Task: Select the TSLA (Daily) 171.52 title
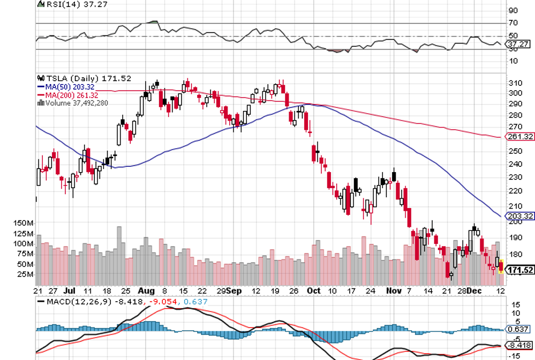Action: [x=82, y=78]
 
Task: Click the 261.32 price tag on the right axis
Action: [x=520, y=137]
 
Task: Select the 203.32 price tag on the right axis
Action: [x=520, y=215]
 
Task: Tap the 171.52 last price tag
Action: [x=520, y=270]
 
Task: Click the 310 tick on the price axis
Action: [x=516, y=83]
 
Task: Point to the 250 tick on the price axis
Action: [x=516, y=151]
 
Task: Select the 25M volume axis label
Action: [x=24, y=274]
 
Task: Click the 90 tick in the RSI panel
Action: [x=513, y=10]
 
